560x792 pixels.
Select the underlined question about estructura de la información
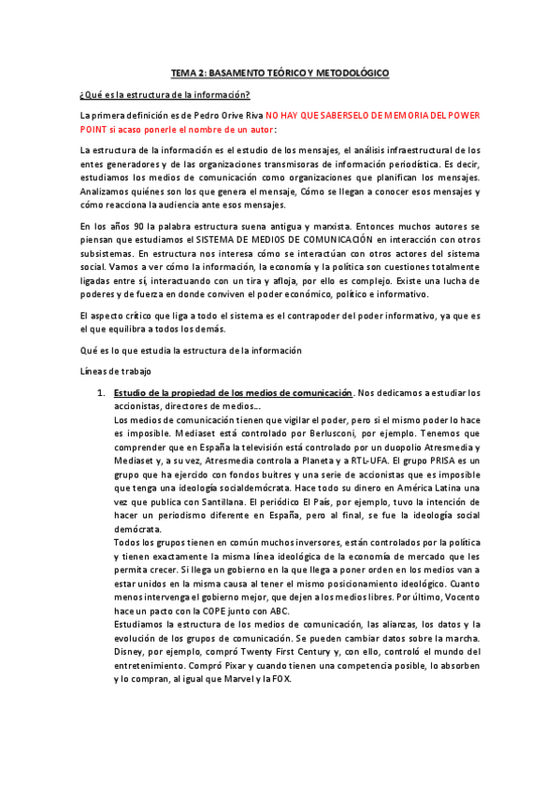point(164,94)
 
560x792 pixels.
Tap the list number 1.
point(100,393)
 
